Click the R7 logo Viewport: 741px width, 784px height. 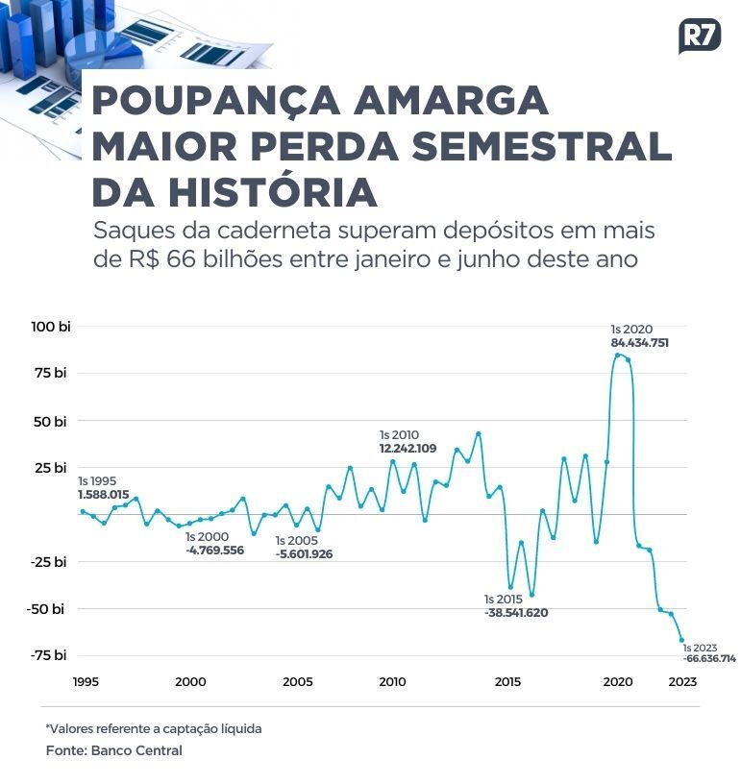(699, 36)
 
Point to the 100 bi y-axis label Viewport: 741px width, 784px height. (51, 327)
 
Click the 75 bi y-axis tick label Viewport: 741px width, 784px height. (53, 373)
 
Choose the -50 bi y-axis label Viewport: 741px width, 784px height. (48, 608)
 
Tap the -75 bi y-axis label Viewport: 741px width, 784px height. (48, 655)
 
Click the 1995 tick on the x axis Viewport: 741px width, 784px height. (86, 681)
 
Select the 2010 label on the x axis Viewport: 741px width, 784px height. (392, 681)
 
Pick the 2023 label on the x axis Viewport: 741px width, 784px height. (682, 681)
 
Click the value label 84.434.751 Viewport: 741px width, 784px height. (639, 342)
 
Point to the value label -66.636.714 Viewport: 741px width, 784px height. (709, 659)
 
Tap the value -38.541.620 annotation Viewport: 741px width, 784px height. (516, 612)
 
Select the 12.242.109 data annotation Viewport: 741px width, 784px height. (408, 449)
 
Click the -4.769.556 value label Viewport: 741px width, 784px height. (215, 551)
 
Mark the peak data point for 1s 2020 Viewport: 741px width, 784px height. (617, 355)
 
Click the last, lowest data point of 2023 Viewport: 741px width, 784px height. (681, 640)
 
